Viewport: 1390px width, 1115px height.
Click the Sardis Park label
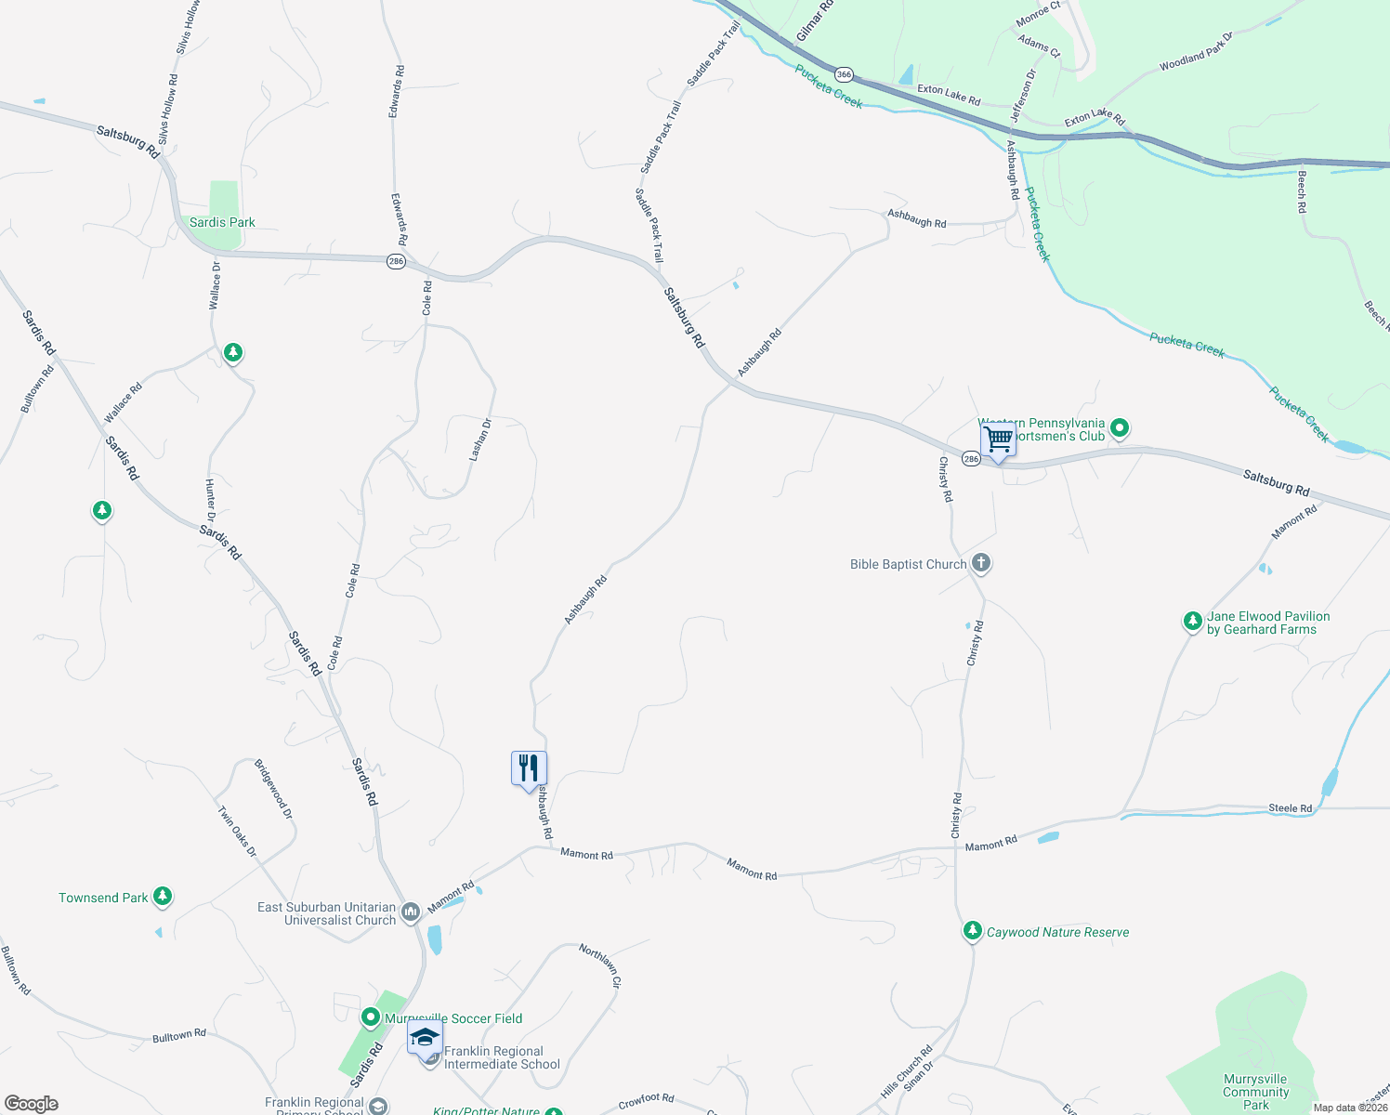tap(222, 222)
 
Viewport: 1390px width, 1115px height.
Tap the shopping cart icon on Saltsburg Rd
tap(998, 439)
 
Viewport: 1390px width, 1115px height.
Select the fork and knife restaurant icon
tap(529, 768)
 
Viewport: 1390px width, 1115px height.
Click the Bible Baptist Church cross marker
tap(981, 563)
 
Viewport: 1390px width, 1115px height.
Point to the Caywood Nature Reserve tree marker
tap(973, 931)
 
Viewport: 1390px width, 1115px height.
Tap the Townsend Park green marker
tap(164, 897)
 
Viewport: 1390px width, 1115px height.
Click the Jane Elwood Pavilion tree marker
tap(1192, 622)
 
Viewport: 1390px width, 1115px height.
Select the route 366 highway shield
tap(844, 74)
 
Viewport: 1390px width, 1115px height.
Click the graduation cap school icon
tap(425, 1038)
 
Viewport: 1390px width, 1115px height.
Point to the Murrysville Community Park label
tap(1255, 1092)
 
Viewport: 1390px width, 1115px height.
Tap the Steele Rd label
tap(1291, 808)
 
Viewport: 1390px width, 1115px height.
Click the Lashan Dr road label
tap(480, 439)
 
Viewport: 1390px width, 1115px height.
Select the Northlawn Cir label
tap(600, 965)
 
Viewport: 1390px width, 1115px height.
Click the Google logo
tap(32, 1104)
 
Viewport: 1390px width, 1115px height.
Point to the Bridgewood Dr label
tap(274, 789)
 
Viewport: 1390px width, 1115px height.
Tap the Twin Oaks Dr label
tap(237, 831)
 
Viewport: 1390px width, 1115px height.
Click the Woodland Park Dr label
tap(1196, 53)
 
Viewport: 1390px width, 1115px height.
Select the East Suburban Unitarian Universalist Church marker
tap(412, 912)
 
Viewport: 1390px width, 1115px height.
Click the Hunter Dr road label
tap(210, 500)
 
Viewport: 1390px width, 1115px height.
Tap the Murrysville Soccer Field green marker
tap(370, 1018)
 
